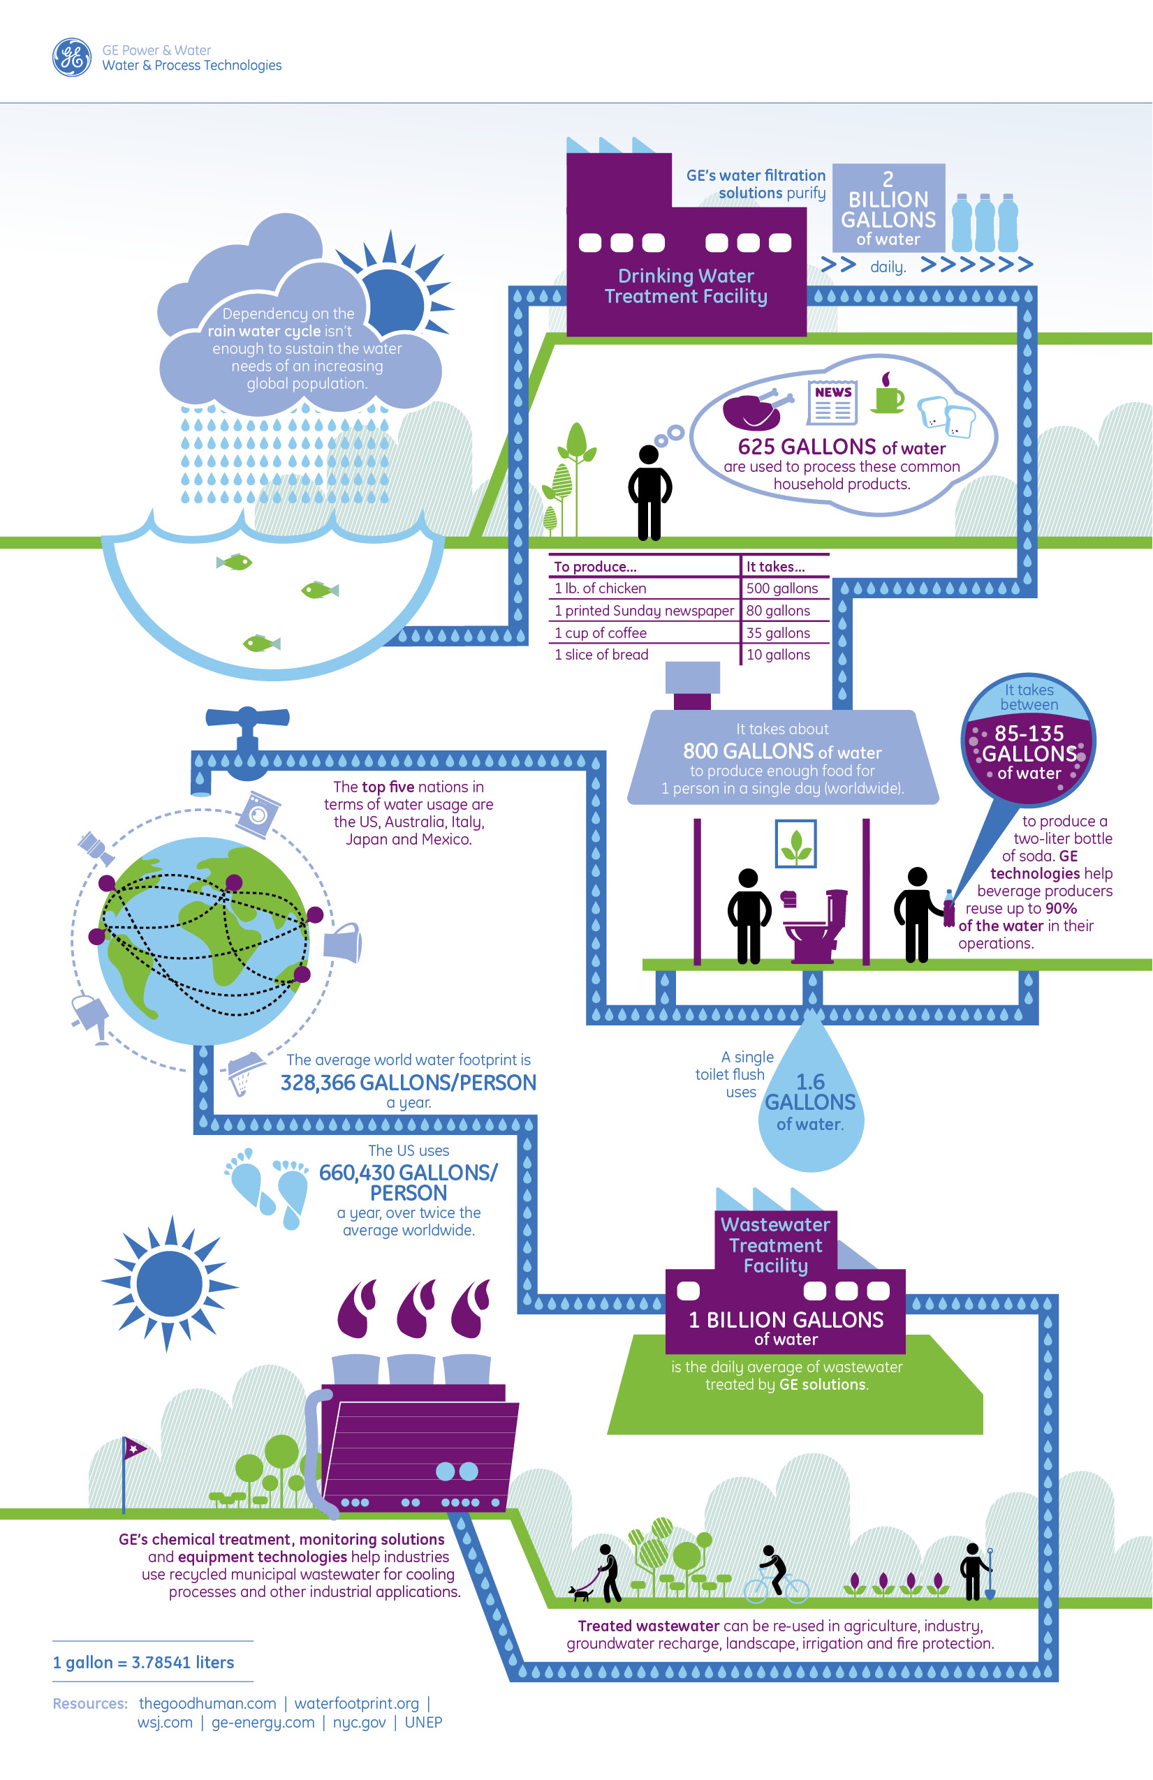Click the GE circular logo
click(72, 57)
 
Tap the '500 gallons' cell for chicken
click(782, 588)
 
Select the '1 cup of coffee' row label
click(600, 632)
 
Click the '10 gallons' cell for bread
click(778, 655)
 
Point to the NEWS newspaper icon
click(832, 402)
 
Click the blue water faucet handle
click(248, 718)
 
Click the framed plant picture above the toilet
click(795, 844)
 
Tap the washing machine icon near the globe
click(258, 814)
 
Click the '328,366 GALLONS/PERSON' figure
click(409, 1083)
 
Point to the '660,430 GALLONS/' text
click(409, 1173)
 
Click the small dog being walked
click(580, 1594)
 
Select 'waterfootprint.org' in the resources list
click(356, 1704)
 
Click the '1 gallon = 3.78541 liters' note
click(144, 1663)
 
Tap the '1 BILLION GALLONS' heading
click(786, 1320)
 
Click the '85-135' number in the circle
click(1029, 733)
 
